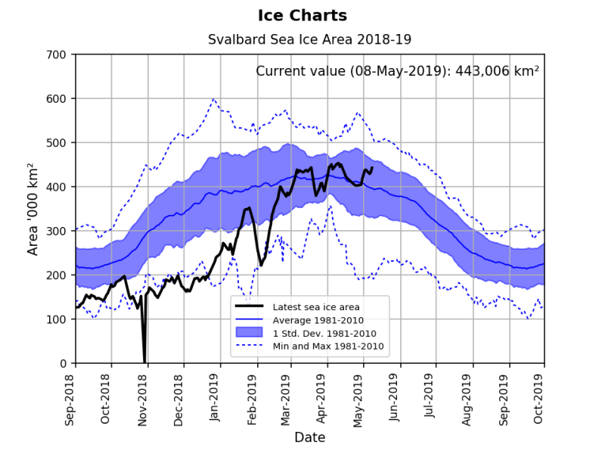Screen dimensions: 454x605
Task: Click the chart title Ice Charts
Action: coord(302,15)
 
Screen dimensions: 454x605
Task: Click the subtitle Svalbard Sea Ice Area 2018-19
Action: coord(309,39)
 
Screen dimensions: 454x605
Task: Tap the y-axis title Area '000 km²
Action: coord(33,208)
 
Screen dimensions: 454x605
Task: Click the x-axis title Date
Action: coord(310,437)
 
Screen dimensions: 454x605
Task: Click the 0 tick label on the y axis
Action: coord(64,363)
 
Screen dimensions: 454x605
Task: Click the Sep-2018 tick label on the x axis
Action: coord(70,396)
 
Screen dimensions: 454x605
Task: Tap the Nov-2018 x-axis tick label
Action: coord(142,396)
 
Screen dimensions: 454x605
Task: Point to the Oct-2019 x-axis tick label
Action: coord(539,396)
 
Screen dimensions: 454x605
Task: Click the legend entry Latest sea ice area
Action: coord(316,306)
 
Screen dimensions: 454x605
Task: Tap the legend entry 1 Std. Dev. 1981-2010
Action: coord(324,333)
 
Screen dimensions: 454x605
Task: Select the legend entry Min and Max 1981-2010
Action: coord(328,346)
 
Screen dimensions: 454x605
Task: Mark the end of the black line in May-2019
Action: coord(371,168)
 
